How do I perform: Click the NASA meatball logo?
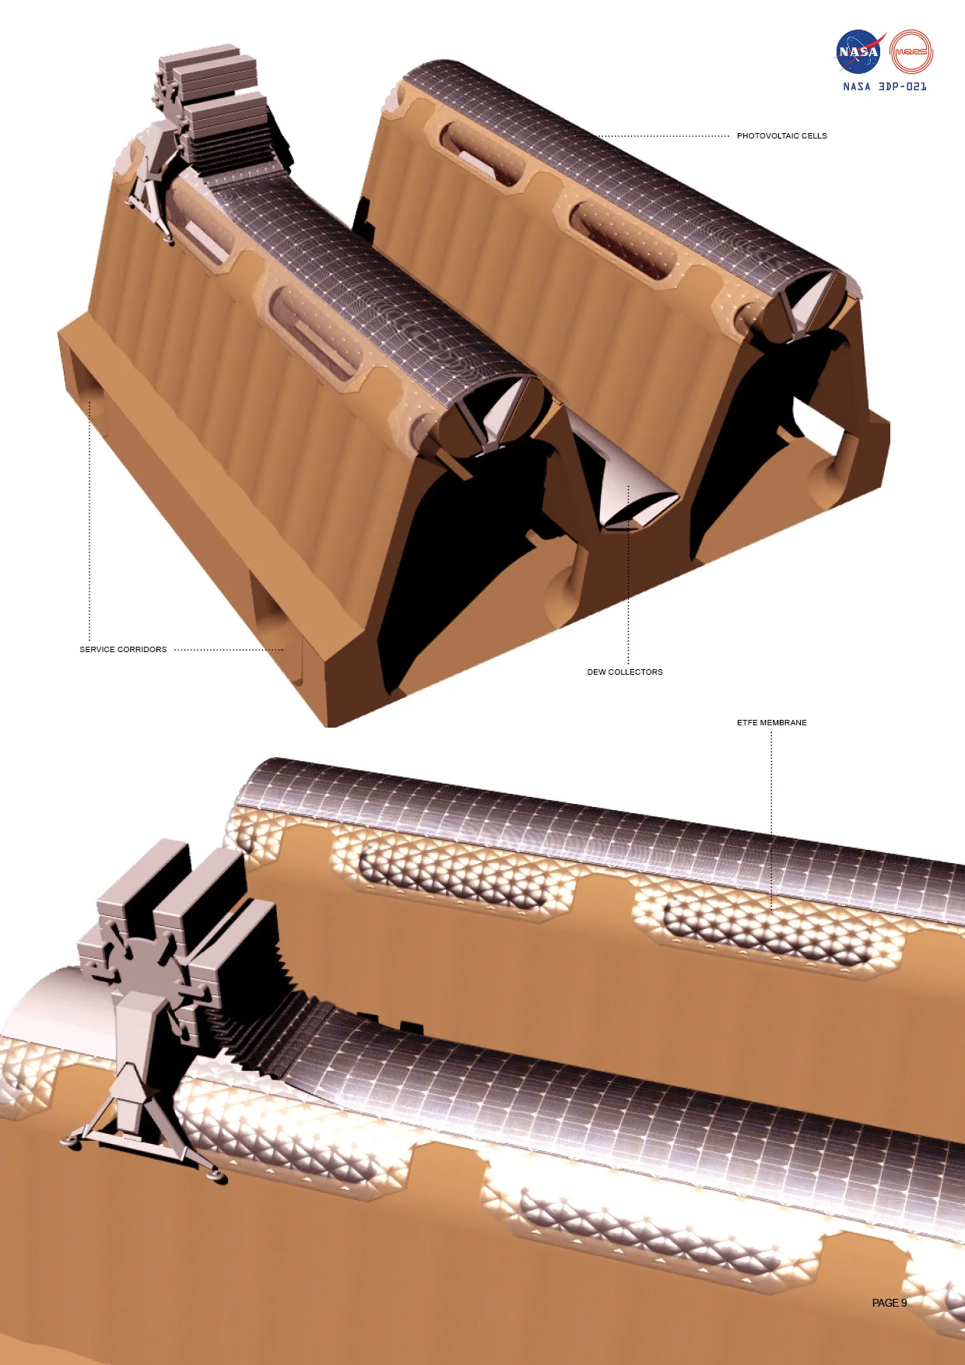tap(858, 52)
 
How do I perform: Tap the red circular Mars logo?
tap(911, 52)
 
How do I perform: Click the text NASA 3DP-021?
tap(885, 86)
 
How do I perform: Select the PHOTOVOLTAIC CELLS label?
tap(781, 136)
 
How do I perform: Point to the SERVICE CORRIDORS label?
tap(123, 650)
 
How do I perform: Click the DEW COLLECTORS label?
tap(625, 672)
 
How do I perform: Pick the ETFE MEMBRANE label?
tap(771, 723)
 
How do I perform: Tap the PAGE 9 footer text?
tap(889, 1303)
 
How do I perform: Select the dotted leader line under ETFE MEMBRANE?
tap(771, 817)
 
